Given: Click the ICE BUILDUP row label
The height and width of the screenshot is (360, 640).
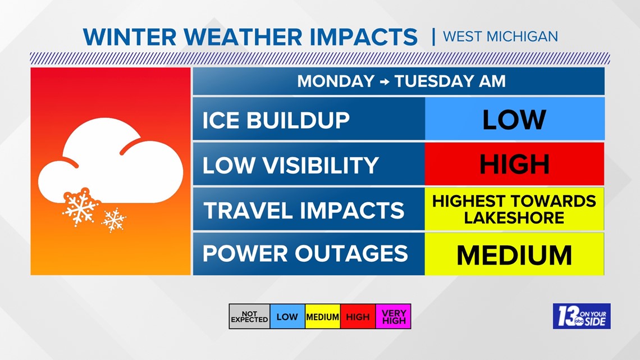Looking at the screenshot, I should (276, 120).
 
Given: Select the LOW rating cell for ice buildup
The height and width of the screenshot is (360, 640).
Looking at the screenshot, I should (514, 120).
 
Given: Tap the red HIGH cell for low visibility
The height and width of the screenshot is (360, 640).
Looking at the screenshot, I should (514, 165).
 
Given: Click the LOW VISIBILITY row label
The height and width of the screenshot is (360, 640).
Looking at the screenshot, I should (290, 165).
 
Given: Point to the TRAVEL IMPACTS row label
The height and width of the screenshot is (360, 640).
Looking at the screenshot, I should (303, 210).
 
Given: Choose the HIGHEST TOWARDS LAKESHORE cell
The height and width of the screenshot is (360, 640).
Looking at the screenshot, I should (514, 209).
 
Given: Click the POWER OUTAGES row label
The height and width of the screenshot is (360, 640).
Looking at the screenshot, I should (305, 254).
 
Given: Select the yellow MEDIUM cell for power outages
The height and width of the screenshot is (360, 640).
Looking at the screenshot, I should (514, 255).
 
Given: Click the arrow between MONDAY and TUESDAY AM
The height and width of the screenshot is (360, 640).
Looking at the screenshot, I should (384, 82).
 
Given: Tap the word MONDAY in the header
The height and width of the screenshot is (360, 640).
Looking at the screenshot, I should (335, 81).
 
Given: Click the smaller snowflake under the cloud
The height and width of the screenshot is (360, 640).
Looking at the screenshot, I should (114, 220).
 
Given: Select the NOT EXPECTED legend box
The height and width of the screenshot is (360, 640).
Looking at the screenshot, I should (249, 317).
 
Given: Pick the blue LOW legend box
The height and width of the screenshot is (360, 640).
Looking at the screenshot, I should (287, 317).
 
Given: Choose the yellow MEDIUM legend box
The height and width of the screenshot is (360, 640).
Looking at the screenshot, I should (322, 317).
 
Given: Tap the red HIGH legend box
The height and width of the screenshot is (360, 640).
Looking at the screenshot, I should (358, 317).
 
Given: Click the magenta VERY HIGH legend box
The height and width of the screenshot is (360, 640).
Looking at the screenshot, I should (393, 317).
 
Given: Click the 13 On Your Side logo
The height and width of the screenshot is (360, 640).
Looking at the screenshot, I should (581, 316).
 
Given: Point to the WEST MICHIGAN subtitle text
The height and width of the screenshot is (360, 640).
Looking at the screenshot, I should (500, 37).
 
